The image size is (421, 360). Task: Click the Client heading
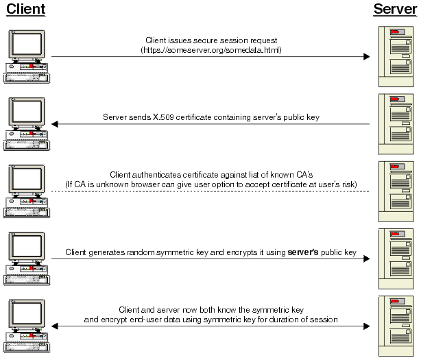pos(25,10)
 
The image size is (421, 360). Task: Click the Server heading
pos(395,10)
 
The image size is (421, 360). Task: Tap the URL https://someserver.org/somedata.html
pos(210,50)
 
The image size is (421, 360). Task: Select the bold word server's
pos(302,252)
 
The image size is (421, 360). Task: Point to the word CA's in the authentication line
pos(302,175)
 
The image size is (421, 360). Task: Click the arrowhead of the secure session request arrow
pos(367,57)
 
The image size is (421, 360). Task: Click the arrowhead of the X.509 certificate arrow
pos(55,124)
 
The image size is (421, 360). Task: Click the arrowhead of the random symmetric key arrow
pos(367,259)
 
